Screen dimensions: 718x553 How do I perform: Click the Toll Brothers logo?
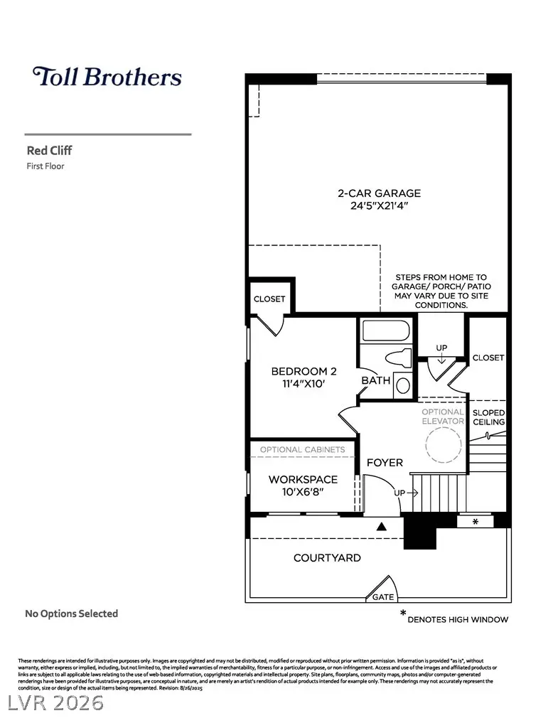tap(107, 77)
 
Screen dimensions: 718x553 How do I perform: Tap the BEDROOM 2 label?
tap(304, 371)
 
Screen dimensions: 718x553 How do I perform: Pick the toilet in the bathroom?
tap(398, 360)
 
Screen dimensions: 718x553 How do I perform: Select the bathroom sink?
tap(402, 385)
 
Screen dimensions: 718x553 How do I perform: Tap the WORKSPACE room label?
tap(303, 480)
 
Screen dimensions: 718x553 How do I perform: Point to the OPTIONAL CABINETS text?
tap(302, 450)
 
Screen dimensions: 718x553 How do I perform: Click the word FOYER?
tap(385, 463)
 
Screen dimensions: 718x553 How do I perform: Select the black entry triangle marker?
tap(381, 527)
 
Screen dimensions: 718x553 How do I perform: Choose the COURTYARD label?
tap(327, 558)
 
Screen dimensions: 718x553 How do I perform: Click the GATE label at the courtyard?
tap(383, 597)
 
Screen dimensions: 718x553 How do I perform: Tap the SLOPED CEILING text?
tap(489, 417)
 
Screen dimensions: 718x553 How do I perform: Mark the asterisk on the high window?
tap(475, 522)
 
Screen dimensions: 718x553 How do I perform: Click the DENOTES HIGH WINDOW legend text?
tap(458, 619)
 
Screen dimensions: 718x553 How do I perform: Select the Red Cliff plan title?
tap(50, 151)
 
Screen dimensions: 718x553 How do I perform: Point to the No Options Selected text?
tap(72, 613)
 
